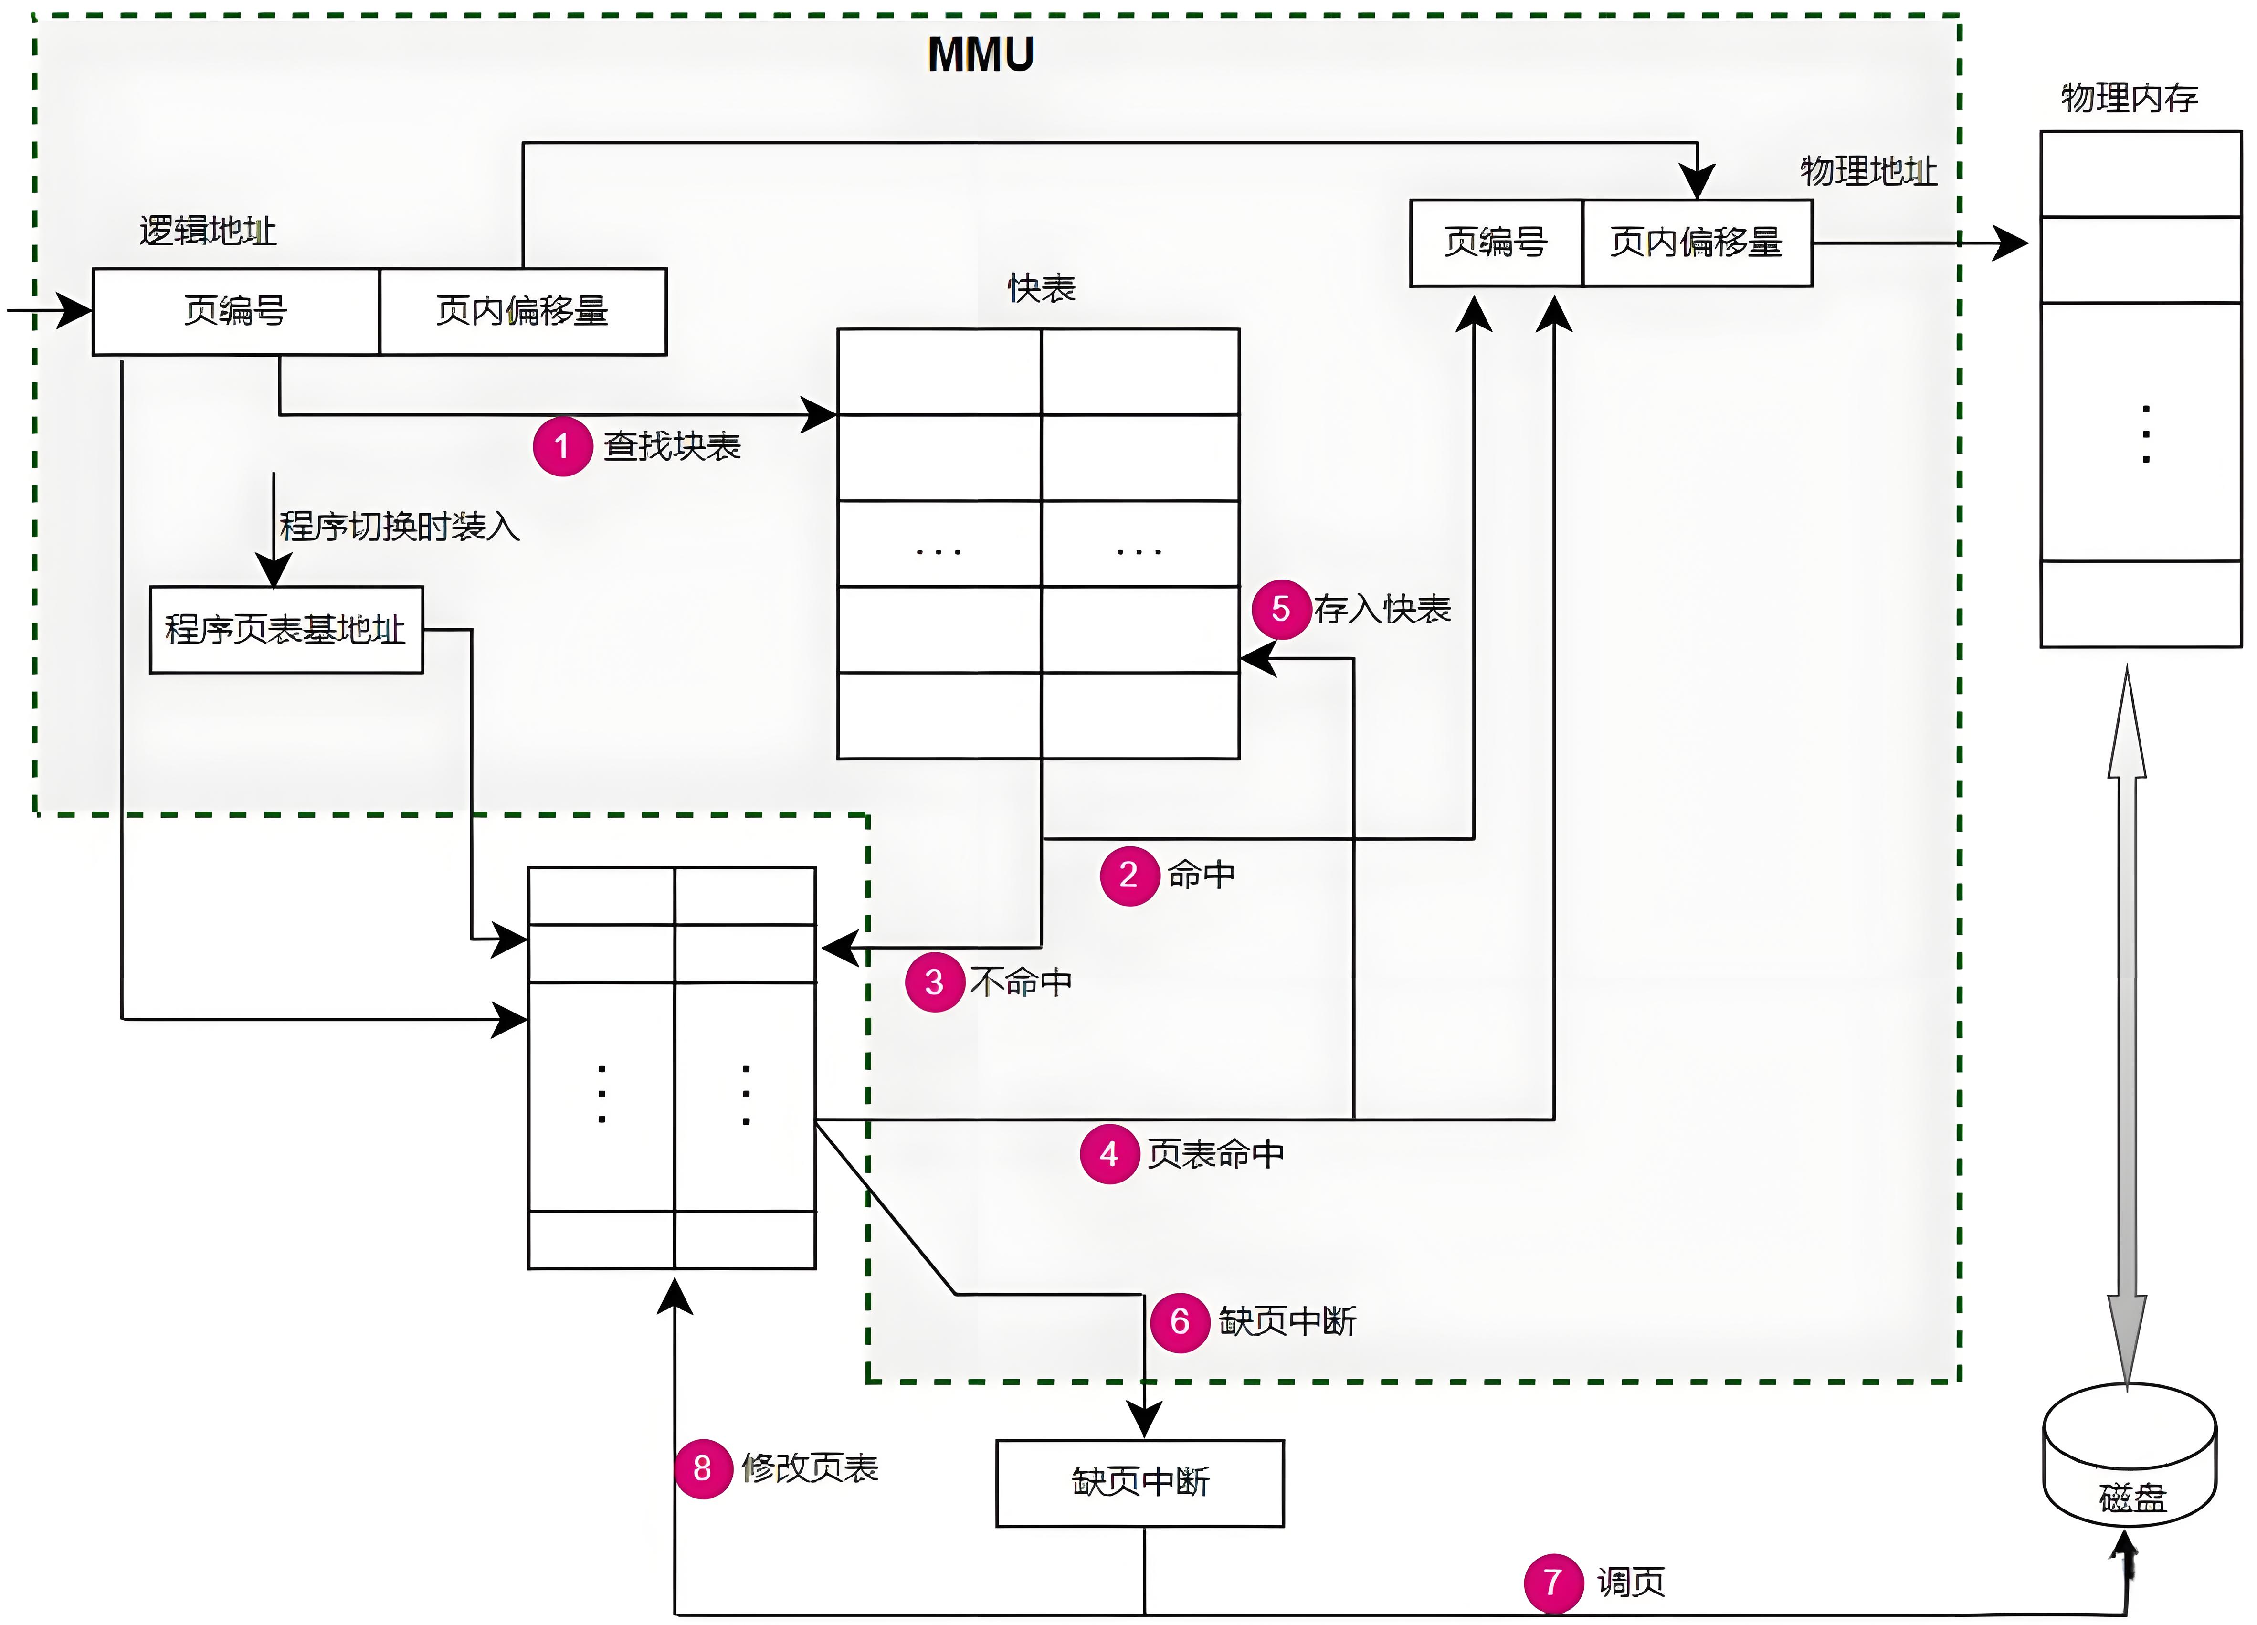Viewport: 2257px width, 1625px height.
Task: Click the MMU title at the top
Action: (x=980, y=55)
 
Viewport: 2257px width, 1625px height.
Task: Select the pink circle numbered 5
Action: (x=1281, y=609)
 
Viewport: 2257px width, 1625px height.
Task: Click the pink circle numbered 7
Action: (x=1552, y=1582)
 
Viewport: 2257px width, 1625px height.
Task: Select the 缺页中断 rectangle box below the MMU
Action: (x=1140, y=1483)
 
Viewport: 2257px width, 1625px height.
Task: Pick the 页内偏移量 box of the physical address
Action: (x=1697, y=243)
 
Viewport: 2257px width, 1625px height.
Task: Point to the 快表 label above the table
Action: (x=1041, y=289)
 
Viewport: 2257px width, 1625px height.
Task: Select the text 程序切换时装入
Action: (x=399, y=527)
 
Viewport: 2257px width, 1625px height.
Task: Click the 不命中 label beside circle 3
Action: (x=1021, y=982)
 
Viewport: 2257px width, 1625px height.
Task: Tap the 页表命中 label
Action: (x=1215, y=1154)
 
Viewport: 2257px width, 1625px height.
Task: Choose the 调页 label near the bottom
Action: (x=1630, y=1582)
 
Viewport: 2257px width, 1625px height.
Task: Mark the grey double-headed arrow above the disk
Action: (x=2127, y=1025)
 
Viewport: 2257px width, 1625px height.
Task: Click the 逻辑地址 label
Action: (x=207, y=231)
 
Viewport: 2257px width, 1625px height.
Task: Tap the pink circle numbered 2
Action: (x=1128, y=876)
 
